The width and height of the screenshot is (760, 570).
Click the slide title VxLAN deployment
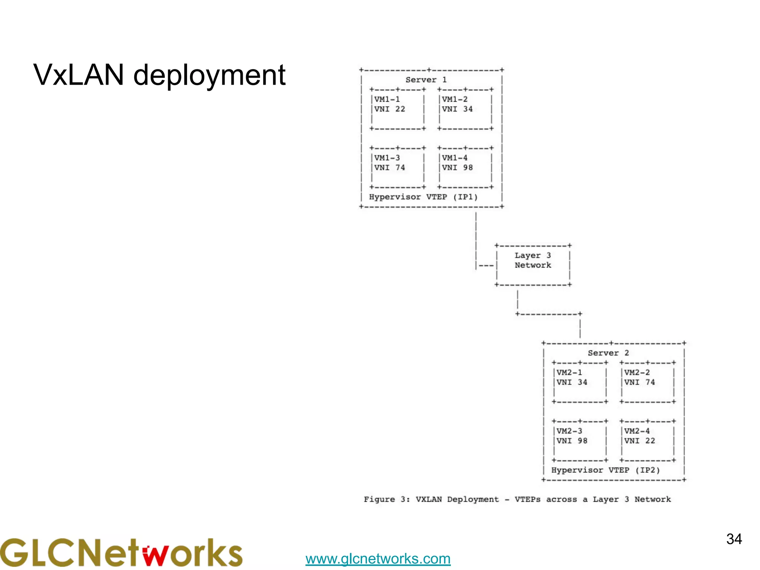[159, 75]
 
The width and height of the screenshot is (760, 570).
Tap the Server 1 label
[426, 80]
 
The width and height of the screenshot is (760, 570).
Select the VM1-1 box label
[387, 99]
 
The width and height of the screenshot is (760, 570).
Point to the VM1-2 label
[455, 99]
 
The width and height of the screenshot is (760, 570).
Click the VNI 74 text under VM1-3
[389, 168]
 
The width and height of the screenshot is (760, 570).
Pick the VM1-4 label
[455, 158]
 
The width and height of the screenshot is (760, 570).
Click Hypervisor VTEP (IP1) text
[423, 197]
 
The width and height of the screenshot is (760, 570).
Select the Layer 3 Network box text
[533, 260]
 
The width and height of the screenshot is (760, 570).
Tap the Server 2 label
[608, 353]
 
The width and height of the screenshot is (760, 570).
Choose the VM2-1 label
[569, 373]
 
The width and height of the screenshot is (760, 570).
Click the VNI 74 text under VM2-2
[639, 382]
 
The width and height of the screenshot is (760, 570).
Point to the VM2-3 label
[569, 431]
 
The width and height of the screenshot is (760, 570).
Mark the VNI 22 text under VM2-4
[639, 441]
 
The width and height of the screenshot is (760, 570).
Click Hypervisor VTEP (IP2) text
[605, 470]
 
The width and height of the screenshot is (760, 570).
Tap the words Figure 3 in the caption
[386, 499]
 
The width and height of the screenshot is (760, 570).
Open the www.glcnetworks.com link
[378, 558]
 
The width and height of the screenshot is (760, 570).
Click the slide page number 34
[734, 539]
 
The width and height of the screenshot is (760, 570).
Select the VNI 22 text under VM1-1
[389, 109]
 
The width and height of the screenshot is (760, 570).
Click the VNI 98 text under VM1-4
[457, 168]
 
